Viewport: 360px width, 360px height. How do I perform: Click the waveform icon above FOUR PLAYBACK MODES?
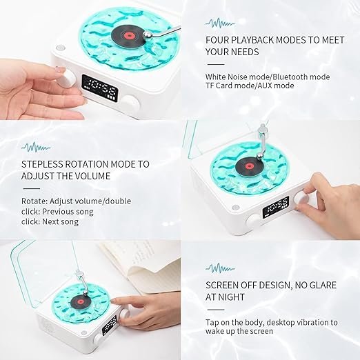coord(219,23)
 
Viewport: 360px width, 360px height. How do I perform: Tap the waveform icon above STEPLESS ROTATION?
coord(35,147)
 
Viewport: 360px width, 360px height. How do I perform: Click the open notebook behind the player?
coord(138,269)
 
